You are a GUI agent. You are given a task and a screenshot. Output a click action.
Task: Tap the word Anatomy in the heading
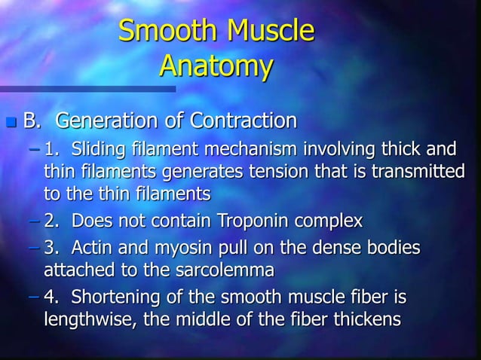pyautogui.click(x=215, y=67)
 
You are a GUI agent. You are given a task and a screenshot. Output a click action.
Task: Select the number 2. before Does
pyautogui.click(x=54, y=221)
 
